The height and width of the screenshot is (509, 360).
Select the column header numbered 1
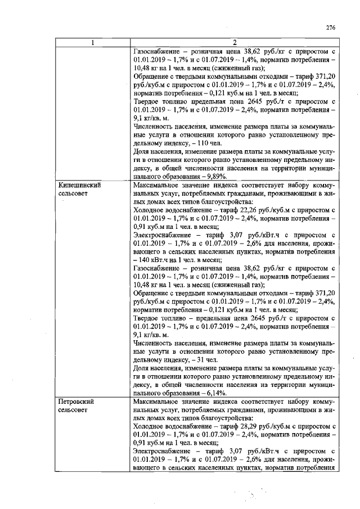click(x=93, y=43)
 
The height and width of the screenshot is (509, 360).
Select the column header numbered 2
click(x=233, y=43)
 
